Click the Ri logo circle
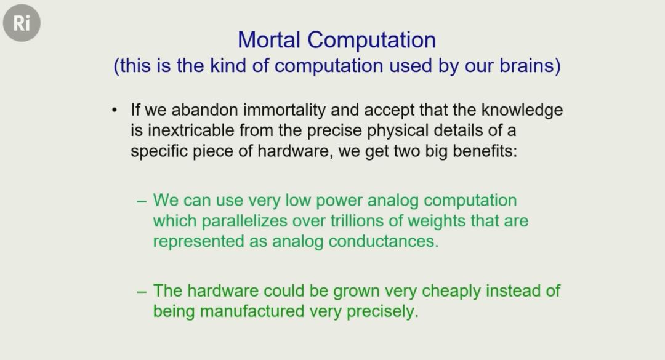click(22, 23)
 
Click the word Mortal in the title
click(269, 40)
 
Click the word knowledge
click(522, 110)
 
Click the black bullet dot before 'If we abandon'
click(114, 110)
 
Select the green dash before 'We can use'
click(142, 201)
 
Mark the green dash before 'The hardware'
click(142, 292)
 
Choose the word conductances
click(384, 241)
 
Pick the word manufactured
click(252, 311)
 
